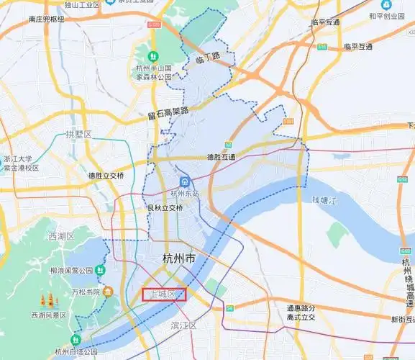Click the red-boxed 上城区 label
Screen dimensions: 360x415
pos(164,294)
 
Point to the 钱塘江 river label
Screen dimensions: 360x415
pos(325,199)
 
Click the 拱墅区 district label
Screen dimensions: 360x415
pos(78,135)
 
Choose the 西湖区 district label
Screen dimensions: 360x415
pos(62,236)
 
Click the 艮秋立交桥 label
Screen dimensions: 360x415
pos(165,208)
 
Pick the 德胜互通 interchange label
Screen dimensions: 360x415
pos(222,156)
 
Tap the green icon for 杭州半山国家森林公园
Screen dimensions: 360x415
pos(153,57)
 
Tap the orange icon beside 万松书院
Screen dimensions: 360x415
pos(107,292)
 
